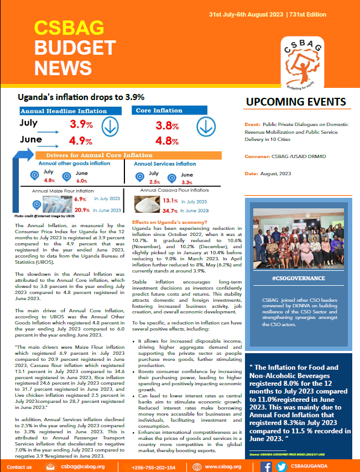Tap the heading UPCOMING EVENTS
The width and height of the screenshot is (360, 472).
point(296,102)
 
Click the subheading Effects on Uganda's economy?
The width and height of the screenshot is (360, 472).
point(169,222)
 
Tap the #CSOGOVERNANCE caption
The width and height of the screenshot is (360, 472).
point(300,278)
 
